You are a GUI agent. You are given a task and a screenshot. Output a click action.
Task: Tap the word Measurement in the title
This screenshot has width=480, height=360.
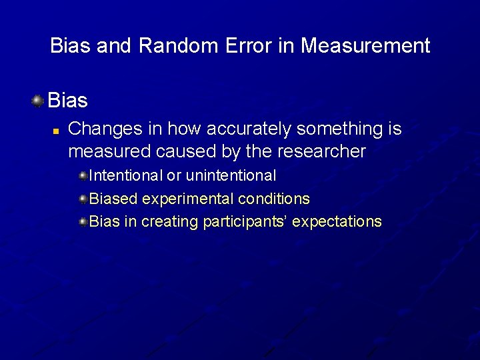[x=365, y=46]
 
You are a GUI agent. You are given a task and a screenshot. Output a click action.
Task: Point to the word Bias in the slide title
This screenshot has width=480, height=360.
[x=71, y=46]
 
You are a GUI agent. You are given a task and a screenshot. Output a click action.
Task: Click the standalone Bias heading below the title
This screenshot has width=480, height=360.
[x=68, y=101]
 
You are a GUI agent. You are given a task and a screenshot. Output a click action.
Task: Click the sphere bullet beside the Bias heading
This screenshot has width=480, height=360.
[x=38, y=101]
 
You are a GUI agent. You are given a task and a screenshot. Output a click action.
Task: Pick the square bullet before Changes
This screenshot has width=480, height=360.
[x=57, y=130]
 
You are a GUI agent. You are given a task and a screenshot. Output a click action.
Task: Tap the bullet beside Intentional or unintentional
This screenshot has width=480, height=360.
[x=83, y=176]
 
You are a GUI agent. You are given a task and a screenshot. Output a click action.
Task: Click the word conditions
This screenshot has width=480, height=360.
[x=273, y=199]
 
